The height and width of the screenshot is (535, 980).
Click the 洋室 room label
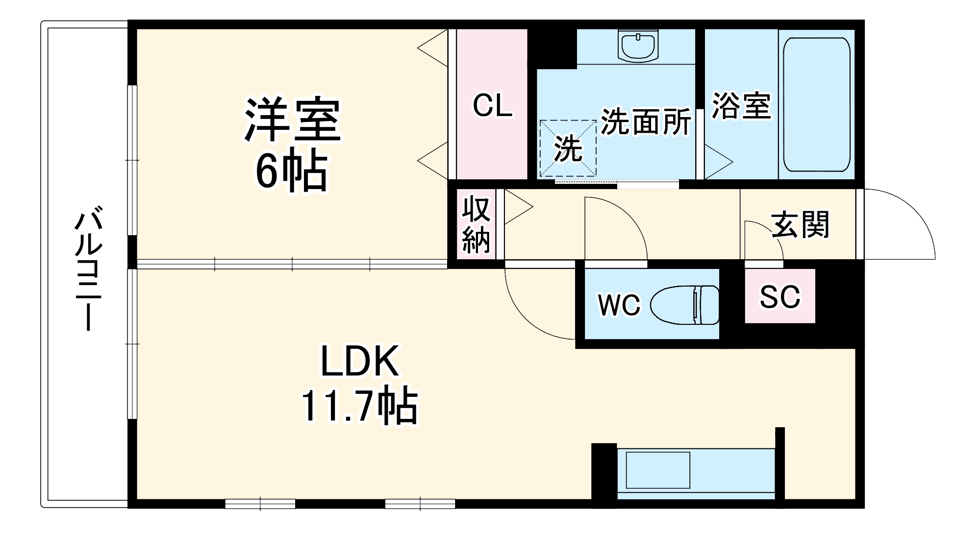pos(293,120)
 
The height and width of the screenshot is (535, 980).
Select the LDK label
pos(359,362)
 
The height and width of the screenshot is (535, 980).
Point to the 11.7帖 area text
pos(359,406)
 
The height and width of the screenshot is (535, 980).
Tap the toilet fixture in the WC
pos(684,305)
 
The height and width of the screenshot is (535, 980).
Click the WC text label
pos(619,305)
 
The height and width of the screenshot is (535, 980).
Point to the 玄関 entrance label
pos(800,225)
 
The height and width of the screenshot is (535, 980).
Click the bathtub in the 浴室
pos(816,104)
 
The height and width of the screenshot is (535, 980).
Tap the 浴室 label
pos(742,105)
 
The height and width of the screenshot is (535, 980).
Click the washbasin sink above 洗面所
pos(638,46)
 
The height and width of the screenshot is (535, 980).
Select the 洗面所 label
pos(646,122)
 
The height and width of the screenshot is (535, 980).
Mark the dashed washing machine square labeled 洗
pos(568,148)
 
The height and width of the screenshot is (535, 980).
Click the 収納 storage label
pos(476,224)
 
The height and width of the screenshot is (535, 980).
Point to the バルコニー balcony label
pos(88,271)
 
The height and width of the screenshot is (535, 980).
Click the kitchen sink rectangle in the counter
pos(658,470)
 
